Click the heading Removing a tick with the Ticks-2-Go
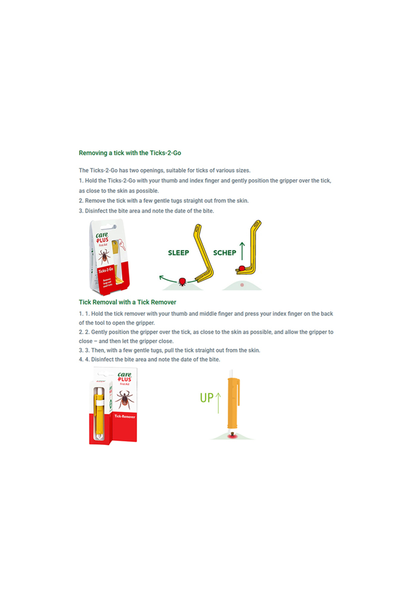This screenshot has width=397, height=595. click(x=130, y=153)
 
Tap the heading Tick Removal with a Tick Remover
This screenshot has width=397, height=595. click(x=127, y=302)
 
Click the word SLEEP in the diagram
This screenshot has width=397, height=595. click(x=178, y=253)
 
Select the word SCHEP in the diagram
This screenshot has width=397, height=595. click(x=225, y=253)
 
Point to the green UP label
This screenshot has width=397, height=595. click(x=206, y=398)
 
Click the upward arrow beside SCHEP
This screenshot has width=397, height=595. click(x=242, y=251)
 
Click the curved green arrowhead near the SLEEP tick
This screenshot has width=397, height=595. click(x=161, y=277)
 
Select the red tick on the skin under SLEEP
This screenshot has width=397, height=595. click(x=182, y=282)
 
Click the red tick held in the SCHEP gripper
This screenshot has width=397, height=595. click(x=242, y=268)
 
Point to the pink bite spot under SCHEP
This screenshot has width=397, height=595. click(x=242, y=285)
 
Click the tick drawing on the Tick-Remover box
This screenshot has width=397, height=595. click(x=124, y=399)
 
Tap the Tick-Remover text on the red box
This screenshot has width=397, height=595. click(x=125, y=416)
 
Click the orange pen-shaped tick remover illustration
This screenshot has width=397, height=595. click(x=233, y=403)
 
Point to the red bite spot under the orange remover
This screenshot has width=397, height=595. click(x=231, y=437)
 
